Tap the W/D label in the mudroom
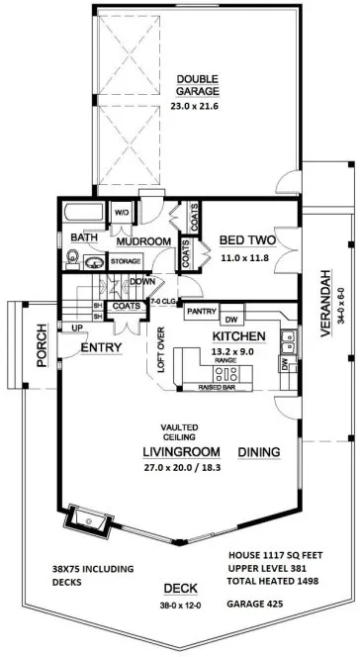tap(123, 213)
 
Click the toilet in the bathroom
tap(72, 259)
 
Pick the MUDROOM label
tap(144, 240)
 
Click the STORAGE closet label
tap(126, 261)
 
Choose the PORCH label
tap(42, 348)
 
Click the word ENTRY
tap(101, 347)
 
